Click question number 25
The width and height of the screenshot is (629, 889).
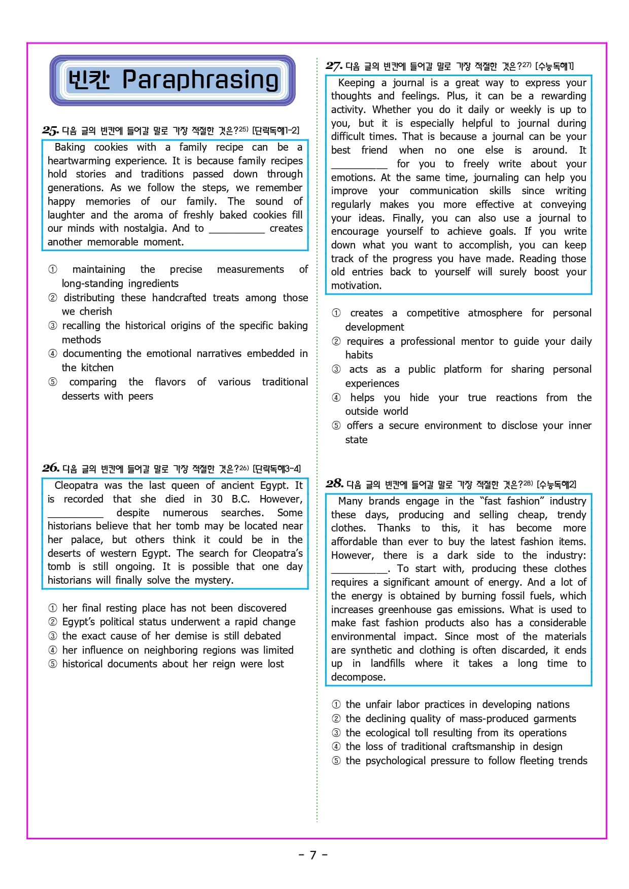[50, 130]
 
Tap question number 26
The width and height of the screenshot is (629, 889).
[51, 468]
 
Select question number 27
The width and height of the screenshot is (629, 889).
[334, 66]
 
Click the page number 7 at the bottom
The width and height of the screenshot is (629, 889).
[313, 855]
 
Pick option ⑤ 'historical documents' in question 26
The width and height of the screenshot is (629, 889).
[172, 664]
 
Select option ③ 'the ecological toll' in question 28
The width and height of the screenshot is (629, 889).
[456, 732]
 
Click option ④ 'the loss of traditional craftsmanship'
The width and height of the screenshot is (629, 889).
[453, 746]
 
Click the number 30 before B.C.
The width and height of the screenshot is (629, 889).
[217, 499]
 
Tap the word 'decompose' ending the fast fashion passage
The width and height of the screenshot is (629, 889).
[358, 677]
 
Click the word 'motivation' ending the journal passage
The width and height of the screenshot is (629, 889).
[356, 286]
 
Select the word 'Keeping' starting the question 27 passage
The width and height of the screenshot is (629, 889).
[356, 83]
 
